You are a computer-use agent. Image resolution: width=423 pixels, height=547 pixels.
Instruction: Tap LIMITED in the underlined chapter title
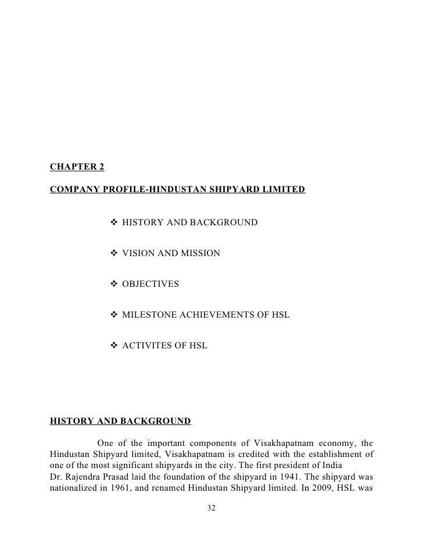[281, 190]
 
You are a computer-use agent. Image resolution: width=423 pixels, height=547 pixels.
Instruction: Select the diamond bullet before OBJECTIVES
[114, 284]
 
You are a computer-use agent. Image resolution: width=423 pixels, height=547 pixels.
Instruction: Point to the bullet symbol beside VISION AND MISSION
[114, 253]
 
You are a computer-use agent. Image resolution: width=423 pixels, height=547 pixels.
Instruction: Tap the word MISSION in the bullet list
[200, 253]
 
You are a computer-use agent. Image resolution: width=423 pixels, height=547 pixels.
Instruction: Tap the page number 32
[212, 509]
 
